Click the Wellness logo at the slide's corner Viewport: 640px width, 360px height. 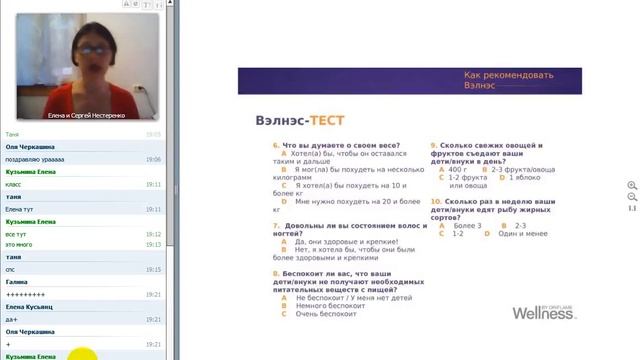click(x=544, y=311)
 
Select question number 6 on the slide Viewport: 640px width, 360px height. click(x=275, y=145)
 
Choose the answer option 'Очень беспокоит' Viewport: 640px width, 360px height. click(x=320, y=314)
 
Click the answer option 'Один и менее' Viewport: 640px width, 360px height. click(x=521, y=234)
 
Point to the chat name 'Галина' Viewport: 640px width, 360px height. click(x=16, y=282)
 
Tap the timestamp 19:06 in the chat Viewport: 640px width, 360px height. click(x=153, y=159)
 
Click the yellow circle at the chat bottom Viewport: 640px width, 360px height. click(x=83, y=353)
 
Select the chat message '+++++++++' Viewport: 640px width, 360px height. click(x=25, y=294)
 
